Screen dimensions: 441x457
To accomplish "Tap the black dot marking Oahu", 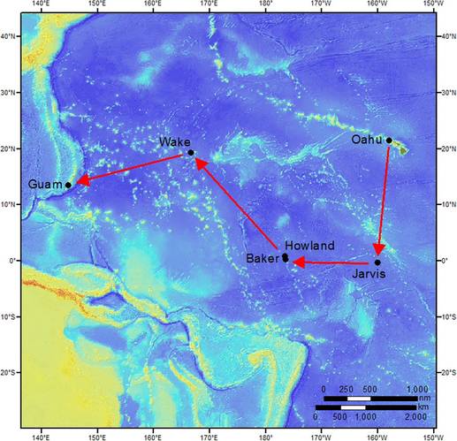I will pyautogui.click(x=389, y=140).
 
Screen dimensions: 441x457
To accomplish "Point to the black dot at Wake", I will pyautogui.click(x=190, y=152).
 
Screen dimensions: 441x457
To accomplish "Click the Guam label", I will pyautogui.click(x=45, y=184).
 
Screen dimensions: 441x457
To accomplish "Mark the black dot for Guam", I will pyautogui.click(x=68, y=185).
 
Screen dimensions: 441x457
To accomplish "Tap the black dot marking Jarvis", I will pyautogui.click(x=377, y=262).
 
